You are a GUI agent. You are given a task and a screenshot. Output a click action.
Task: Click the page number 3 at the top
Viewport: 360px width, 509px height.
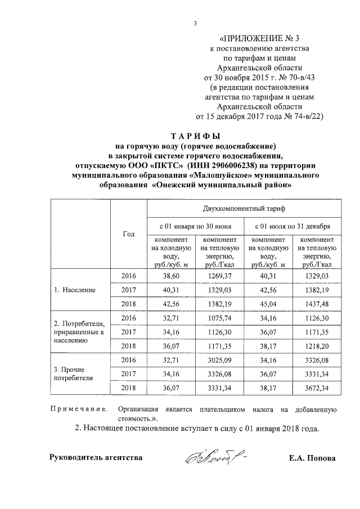click(195, 23)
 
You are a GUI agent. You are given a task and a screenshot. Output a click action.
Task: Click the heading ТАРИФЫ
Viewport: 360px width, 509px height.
click(195, 137)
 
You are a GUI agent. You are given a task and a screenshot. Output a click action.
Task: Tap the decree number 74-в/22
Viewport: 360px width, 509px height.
click(301, 116)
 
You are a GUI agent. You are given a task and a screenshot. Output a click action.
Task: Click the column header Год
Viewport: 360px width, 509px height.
click(128, 233)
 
